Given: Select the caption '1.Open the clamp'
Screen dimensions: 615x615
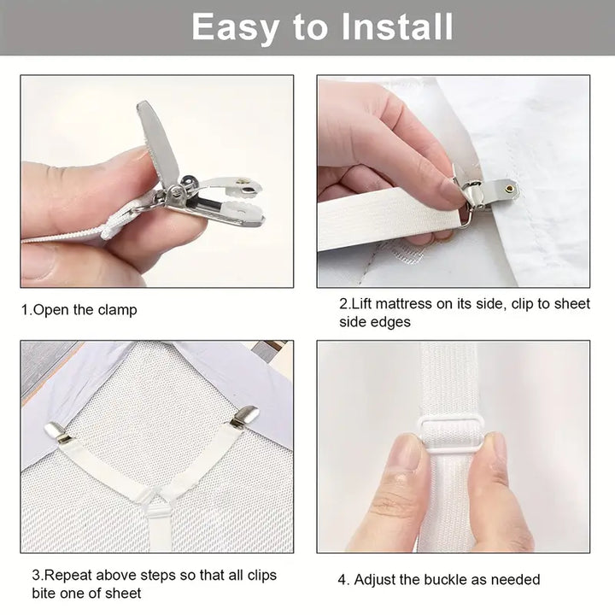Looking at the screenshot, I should [x=79, y=310].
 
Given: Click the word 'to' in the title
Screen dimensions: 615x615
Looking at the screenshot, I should [x=308, y=27].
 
